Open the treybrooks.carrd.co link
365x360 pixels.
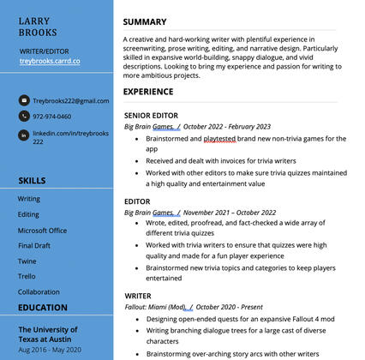tap(49, 62)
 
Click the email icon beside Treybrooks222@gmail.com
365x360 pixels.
tap(24, 100)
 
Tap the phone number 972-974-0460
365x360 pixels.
tap(52, 117)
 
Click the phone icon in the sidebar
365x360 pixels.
tap(24, 117)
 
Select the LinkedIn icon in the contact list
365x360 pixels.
tap(24, 135)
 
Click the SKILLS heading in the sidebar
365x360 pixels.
tap(33, 180)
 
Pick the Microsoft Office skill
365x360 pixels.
tap(42, 230)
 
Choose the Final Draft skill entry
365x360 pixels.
tap(34, 245)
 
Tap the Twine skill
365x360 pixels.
tap(27, 261)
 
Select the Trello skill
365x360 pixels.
tap(27, 276)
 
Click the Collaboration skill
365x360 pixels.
tap(39, 291)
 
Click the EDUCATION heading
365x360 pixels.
tap(43, 308)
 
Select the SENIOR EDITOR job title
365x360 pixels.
tap(150, 114)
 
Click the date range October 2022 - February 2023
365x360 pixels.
tap(226, 126)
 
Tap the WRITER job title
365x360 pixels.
tap(138, 296)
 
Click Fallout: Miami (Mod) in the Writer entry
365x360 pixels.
tap(155, 307)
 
